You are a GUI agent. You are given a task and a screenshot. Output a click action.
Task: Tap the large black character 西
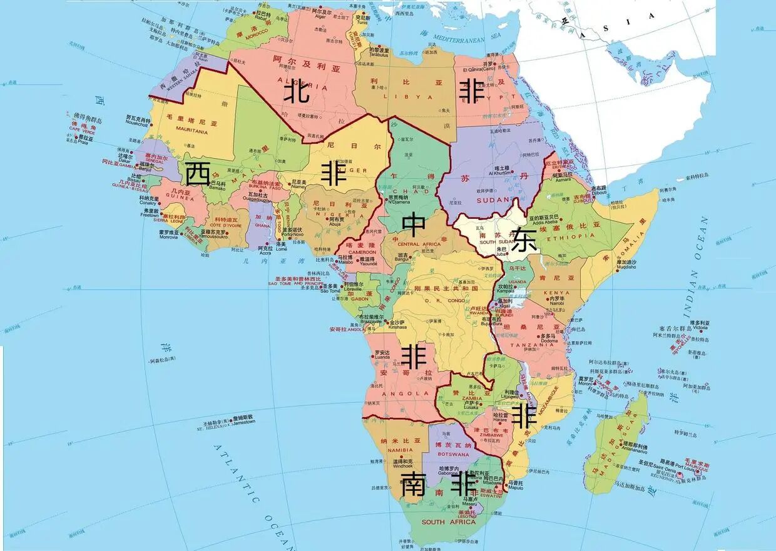coord(198,173)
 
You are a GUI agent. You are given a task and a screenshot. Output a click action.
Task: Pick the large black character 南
coord(414,485)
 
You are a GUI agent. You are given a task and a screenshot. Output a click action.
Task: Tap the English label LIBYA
coord(413,97)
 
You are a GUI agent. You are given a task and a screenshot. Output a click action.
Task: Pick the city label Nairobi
coord(556,303)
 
